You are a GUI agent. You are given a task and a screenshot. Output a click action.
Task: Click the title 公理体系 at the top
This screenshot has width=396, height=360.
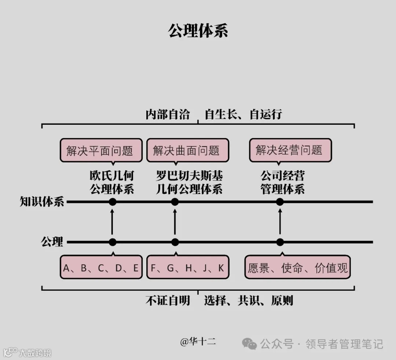[x=198, y=31]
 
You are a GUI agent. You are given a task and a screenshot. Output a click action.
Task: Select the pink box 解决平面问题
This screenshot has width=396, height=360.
[x=101, y=150]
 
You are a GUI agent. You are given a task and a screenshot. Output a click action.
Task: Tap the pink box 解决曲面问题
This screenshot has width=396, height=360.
[x=187, y=150]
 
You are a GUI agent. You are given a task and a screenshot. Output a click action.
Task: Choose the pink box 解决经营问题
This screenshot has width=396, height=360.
[x=290, y=150]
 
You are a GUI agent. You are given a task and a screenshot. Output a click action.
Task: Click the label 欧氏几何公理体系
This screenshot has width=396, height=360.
[x=112, y=182]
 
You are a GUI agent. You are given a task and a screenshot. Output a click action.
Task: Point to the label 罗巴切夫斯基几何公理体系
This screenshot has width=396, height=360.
[x=189, y=182]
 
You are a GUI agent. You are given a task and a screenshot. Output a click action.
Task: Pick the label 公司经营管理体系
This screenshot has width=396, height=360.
[x=283, y=182]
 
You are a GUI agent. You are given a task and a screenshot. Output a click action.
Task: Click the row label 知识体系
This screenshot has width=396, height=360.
[x=42, y=202]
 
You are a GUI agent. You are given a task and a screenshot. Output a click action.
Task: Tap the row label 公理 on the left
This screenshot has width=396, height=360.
[x=52, y=242]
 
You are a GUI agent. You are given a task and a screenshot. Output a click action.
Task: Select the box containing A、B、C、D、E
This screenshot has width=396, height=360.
[x=101, y=268]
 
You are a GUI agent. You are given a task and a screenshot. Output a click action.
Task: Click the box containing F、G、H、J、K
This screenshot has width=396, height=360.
[x=187, y=268]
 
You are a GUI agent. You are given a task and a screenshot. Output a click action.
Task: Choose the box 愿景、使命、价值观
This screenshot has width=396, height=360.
[x=297, y=268]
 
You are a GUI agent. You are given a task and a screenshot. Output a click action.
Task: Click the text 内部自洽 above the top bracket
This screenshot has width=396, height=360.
[x=168, y=114]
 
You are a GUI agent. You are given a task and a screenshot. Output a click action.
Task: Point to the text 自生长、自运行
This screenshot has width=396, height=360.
[x=243, y=114]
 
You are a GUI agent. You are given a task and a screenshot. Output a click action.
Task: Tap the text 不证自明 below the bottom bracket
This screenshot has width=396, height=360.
[x=168, y=301]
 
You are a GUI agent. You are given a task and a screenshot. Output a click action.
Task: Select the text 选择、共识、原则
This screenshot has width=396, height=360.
[x=248, y=301]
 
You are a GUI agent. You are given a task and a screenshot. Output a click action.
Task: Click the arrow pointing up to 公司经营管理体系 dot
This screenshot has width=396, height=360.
[x=280, y=222]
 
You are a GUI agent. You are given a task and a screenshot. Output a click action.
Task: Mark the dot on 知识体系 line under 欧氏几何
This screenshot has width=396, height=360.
[x=113, y=202]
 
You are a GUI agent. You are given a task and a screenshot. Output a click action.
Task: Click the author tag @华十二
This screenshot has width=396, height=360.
[x=198, y=342]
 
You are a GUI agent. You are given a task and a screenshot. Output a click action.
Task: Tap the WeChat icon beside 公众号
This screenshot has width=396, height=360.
[x=250, y=344]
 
